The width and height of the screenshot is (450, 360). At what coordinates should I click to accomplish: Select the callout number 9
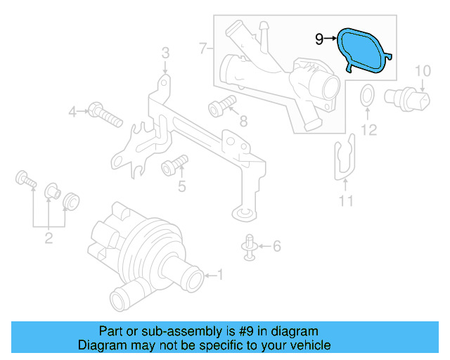click(319, 39)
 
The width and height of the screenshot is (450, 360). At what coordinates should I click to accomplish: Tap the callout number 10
click(422, 70)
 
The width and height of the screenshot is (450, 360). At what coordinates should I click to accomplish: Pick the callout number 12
click(369, 129)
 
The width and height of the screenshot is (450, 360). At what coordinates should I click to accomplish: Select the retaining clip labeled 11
click(344, 157)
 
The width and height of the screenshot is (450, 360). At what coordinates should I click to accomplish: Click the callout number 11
click(346, 202)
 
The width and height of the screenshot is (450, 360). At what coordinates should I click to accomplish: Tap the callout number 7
click(202, 49)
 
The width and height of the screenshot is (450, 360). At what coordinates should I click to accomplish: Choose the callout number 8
click(243, 122)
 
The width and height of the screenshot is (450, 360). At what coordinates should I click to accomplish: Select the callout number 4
click(72, 112)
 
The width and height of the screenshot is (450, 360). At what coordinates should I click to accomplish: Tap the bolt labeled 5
click(174, 166)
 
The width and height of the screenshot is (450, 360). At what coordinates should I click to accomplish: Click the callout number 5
click(181, 186)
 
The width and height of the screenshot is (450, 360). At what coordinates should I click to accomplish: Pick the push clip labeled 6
click(250, 246)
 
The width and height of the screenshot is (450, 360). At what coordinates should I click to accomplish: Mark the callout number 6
click(276, 246)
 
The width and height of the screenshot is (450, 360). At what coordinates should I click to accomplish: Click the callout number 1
click(219, 274)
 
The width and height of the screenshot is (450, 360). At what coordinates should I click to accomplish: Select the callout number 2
click(49, 238)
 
